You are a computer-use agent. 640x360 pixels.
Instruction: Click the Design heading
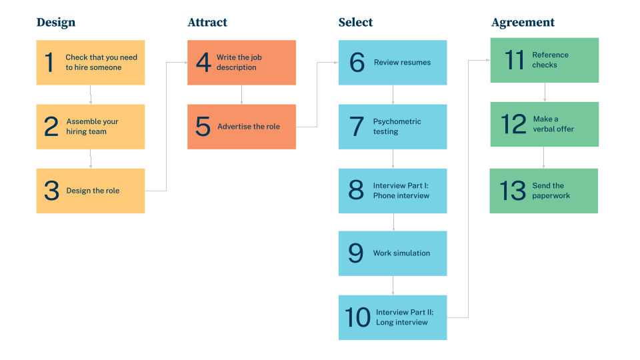tap(56, 23)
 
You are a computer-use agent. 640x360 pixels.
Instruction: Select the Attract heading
tap(207, 23)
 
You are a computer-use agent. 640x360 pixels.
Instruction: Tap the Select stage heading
tap(355, 23)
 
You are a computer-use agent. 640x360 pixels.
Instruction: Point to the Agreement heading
tap(523, 23)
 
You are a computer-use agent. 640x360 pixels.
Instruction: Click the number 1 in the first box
tap(49, 63)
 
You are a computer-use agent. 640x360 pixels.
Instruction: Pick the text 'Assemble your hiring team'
tap(92, 127)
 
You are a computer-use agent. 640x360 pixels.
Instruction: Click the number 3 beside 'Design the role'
tap(51, 191)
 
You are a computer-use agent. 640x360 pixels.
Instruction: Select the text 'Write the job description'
tap(239, 63)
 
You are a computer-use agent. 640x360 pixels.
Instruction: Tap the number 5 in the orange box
tap(203, 127)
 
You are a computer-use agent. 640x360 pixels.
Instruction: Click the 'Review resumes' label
tap(402, 63)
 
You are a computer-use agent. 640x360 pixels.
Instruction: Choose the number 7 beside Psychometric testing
tap(357, 127)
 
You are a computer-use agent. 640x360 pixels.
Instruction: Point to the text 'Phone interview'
tap(401, 196)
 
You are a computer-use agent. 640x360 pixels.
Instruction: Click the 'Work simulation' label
tap(401, 253)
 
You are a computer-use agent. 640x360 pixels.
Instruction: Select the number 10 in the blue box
tap(357, 317)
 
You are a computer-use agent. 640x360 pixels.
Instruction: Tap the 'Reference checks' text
tap(550, 60)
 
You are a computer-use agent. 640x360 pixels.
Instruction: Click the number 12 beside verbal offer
tap(514, 124)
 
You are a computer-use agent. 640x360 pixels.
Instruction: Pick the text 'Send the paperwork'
tap(551, 191)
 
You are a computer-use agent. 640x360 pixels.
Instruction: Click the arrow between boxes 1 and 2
tap(91, 95)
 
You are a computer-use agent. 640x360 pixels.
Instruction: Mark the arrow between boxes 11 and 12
tap(545, 92)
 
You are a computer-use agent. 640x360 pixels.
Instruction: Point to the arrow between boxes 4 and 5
tap(241, 95)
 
